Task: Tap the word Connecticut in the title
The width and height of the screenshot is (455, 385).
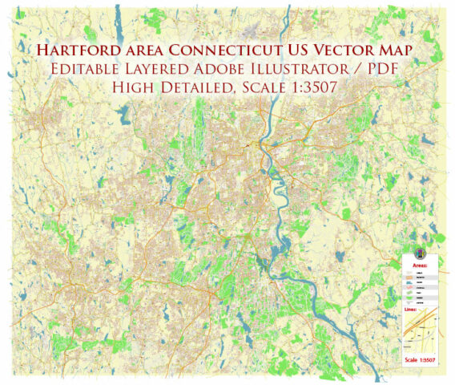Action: [234, 52]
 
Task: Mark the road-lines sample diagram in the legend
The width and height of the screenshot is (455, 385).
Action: [422, 332]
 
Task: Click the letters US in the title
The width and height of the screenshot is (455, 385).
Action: [300, 52]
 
